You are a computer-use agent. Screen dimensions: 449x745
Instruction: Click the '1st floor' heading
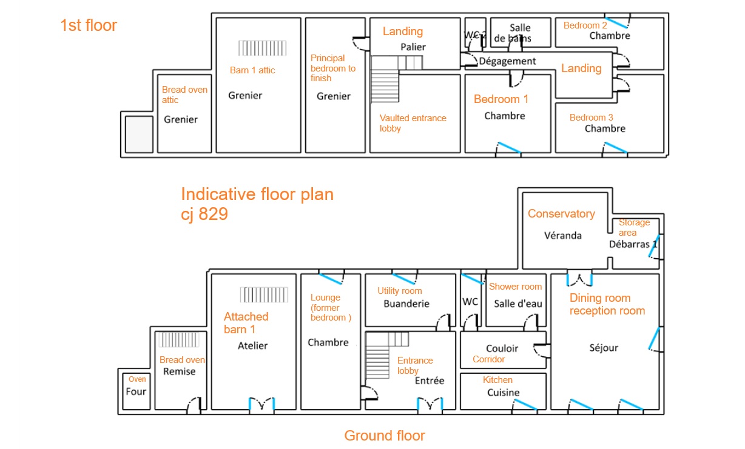point(89,25)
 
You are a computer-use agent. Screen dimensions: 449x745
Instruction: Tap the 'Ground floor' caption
point(385,435)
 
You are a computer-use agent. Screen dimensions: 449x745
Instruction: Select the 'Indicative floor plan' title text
point(257,195)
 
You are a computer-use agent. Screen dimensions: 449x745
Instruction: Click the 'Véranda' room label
point(562,235)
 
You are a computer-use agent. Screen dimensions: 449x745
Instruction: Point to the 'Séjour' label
point(604,347)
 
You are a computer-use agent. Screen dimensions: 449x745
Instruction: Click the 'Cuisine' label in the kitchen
point(504,393)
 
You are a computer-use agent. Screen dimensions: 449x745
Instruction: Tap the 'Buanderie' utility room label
point(406,304)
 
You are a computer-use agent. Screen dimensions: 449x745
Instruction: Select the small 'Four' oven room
point(136,391)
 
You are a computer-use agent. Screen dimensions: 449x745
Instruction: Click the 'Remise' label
point(179,371)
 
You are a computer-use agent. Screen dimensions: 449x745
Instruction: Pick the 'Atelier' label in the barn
point(252,345)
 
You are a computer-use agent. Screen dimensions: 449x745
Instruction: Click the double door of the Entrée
point(430,405)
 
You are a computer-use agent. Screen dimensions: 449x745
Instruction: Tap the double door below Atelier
point(262,405)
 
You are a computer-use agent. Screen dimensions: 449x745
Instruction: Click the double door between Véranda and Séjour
point(579,279)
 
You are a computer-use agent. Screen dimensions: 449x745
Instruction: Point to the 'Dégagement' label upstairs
point(508,61)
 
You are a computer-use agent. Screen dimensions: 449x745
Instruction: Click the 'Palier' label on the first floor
point(413,47)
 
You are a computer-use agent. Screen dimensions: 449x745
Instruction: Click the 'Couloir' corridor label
point(502,348)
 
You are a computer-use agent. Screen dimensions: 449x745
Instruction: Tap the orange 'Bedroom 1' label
point(501,99)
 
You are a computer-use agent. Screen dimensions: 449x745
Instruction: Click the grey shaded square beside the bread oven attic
point(139,134)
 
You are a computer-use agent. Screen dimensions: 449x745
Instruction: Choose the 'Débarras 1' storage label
point(633,245)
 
